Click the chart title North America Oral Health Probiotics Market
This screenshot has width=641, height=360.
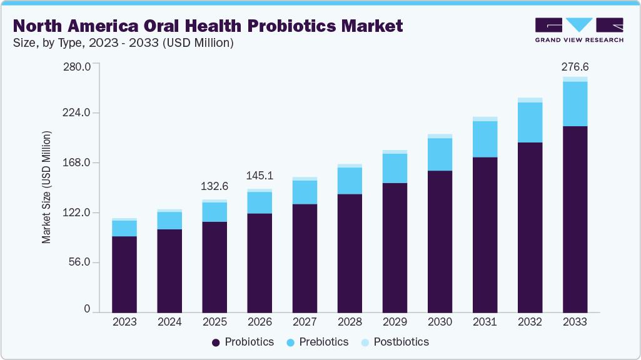click(208, 26)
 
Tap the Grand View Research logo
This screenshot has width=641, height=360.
click(578, 29)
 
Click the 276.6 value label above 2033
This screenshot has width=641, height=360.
click(575, 67)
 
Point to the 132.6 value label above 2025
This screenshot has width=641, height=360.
click(215, 186)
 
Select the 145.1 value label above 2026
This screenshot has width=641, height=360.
click(260, 176)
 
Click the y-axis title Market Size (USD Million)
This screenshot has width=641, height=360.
click(47, 187)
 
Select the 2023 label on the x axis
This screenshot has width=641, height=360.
click(124, 322)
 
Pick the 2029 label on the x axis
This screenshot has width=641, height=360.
click(395, 322)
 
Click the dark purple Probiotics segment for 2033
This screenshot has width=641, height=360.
click(575, 219)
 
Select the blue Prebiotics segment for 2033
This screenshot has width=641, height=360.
click(575, 104)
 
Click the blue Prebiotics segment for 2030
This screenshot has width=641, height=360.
click(440, 154)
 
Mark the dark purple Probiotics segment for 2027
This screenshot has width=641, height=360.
click(305, 257)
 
